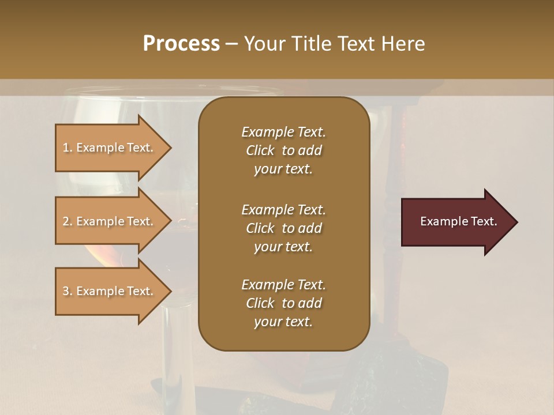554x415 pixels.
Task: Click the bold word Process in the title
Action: (x=181, y=44)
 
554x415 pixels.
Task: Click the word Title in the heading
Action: (x=310, y=44)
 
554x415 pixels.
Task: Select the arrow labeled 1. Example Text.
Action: (x=110, y=148)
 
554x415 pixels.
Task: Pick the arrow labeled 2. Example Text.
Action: (x=110, y=221)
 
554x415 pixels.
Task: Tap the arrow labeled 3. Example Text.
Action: (x=110, y=291)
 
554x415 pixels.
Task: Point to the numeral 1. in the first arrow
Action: (x=68, y=148)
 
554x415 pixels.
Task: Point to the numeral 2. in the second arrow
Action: (x=68, y=221)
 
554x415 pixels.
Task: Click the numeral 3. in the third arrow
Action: (x=68, y=291)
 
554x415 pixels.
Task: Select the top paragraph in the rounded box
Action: (x=283, y=150)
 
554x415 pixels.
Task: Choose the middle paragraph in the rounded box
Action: (x=283, y=228)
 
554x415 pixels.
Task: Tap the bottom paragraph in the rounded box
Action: (x=283, y=303)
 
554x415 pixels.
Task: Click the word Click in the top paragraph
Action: (x=260, y=150)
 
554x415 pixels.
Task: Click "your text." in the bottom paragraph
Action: (x=283, y=322)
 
